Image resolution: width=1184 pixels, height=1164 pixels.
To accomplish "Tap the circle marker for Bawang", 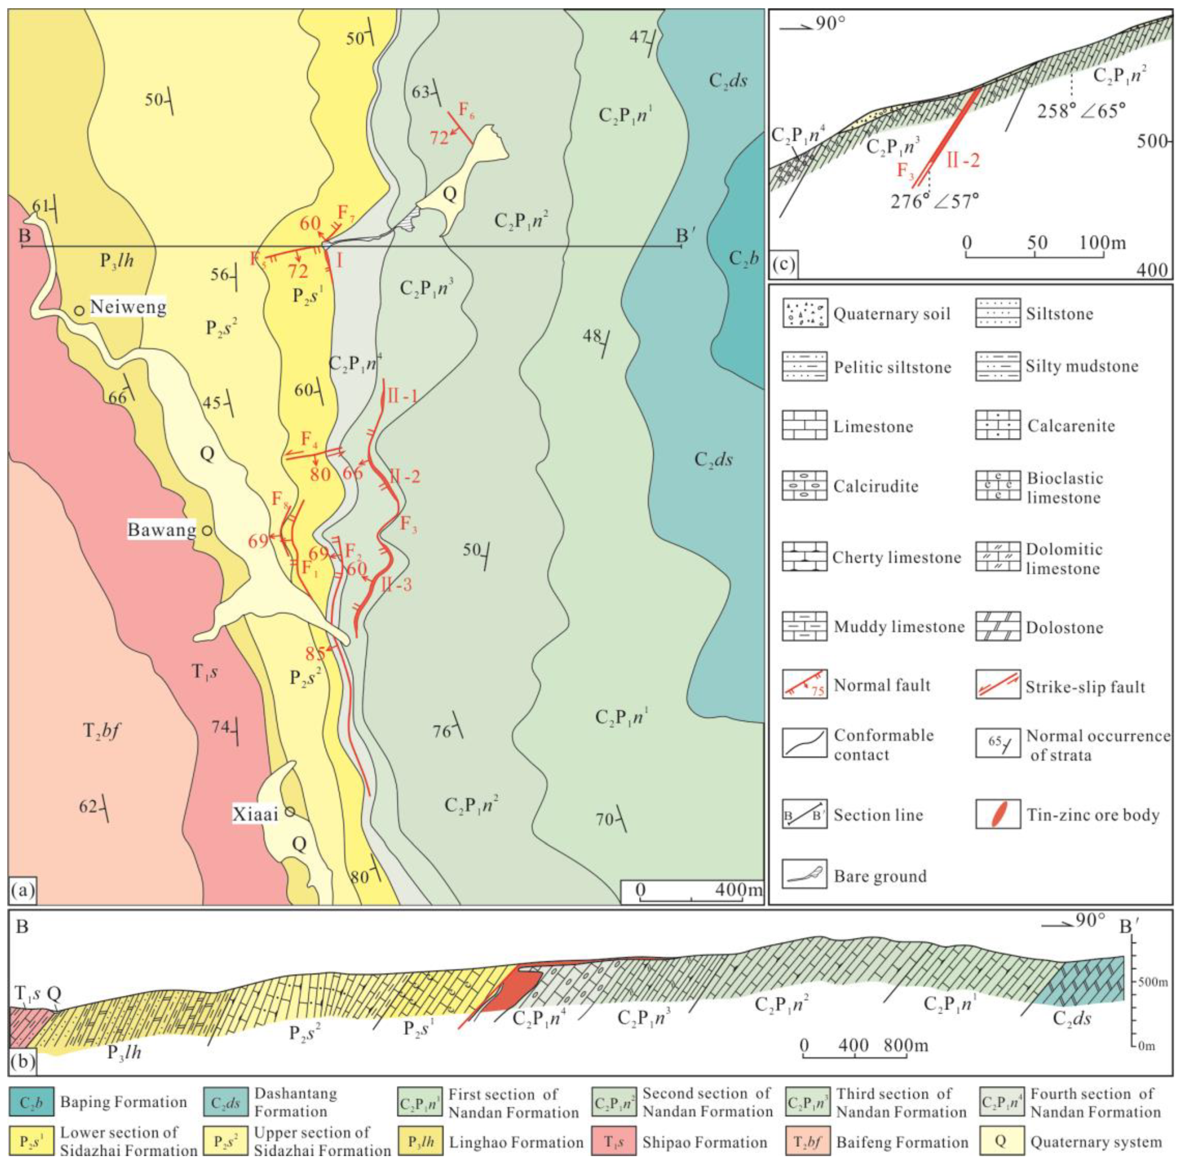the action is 207,530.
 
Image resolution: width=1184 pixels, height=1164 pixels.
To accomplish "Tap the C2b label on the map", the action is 744,259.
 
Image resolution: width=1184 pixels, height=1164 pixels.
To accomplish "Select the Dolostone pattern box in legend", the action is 998,627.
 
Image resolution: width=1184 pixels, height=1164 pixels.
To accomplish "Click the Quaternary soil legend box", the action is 804,314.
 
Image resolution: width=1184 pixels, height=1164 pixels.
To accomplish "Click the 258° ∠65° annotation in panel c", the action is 1082,111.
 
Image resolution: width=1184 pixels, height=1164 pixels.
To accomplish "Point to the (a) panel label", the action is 23,891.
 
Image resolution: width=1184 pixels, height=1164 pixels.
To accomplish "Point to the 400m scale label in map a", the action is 738,889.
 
